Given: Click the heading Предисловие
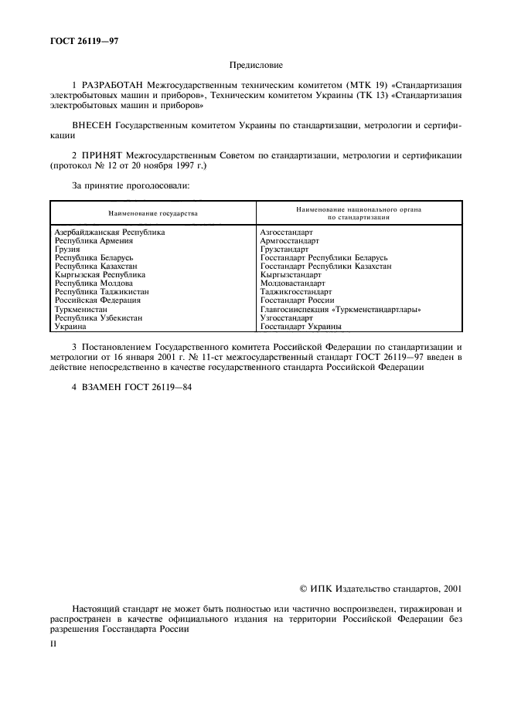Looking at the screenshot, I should (x=255, y=67).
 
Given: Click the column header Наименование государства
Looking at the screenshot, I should (x=152, y=212).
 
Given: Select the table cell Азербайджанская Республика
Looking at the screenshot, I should (x=110, y=232).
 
